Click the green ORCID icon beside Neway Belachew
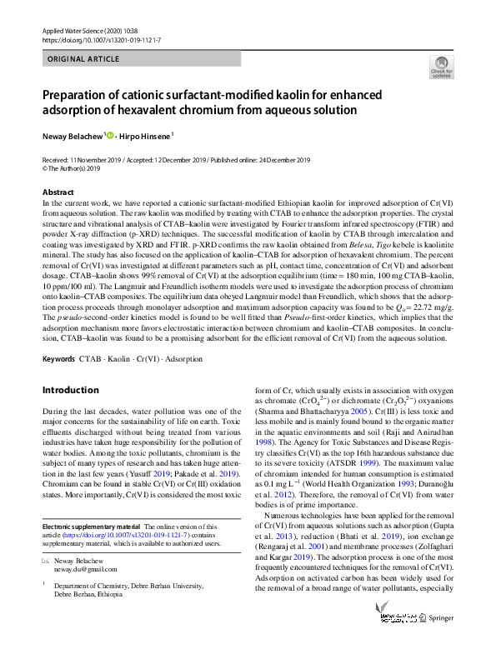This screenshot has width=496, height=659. (108, 135)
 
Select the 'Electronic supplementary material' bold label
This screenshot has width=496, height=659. (90, 527)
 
